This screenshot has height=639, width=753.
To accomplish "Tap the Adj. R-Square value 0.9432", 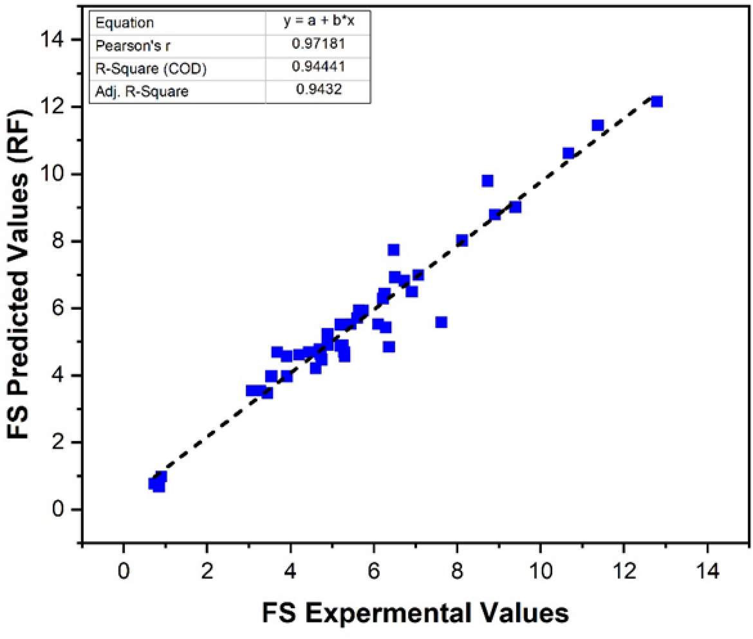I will pyautogui.click(x=318, y=90).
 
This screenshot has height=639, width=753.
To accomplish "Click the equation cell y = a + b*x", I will pyautogui.click(x=318, y=22).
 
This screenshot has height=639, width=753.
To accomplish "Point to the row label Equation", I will pyautogui.click(x=125, y=23).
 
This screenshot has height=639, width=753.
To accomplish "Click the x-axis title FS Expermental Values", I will pyautogui.click(x=415, y=611).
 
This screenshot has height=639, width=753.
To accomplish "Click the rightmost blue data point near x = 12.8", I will pyautogui.click(x=656, y=102).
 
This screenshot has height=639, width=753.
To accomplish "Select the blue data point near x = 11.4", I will pyautogui.click(x=597, y=125).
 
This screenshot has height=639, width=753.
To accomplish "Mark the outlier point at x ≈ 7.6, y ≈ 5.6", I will pyautogui.click(x=441, y=322).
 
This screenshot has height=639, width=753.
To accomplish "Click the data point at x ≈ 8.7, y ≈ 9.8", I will pyautogui.click(x=487, y=181).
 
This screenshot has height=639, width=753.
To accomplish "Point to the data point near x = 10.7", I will pyautogui.click(x=568, y=153).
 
